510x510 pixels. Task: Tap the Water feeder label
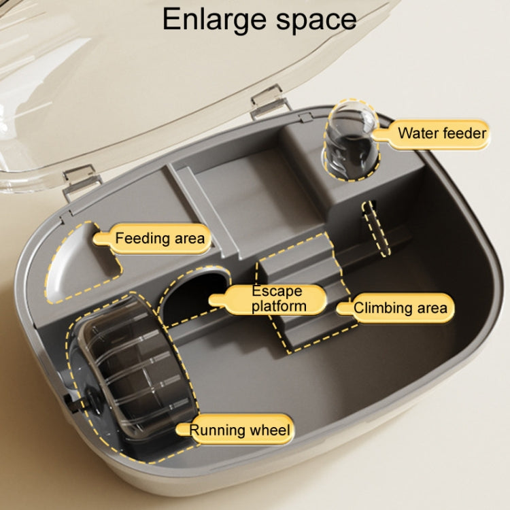[442, 133]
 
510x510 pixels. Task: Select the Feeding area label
[159, 239]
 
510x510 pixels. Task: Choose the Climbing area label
[401, 308]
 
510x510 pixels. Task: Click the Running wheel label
[239, 430]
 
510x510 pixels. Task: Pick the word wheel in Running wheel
[270, 430]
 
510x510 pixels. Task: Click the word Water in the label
[417, 133]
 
